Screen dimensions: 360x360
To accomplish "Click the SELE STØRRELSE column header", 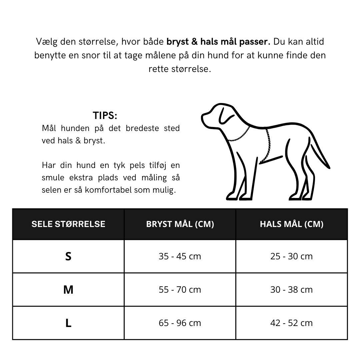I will pyautogui.click(x=68, y=224).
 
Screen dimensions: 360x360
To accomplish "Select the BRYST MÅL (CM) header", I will pyautogui.click(x=180, y=224).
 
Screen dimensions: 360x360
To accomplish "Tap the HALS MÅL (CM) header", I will pyautogui.click(x=292, y=224).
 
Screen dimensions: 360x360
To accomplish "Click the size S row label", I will pyautogui.click(x=68, y=256).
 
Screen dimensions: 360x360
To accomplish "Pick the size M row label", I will pyautogui.click(x=68, y=290).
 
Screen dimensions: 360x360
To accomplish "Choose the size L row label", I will pyautogui.click(x=68, y=323).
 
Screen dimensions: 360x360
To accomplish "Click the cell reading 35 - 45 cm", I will pyautogui.click(x=180, y=256).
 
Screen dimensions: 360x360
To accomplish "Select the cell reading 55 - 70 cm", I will pyautogui.click(x=180, y=290).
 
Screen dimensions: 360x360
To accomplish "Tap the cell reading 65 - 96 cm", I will pyautogui.click(x=180, y=323).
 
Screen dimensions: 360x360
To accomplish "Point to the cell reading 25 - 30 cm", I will pyautogui.click(x=292, y=256).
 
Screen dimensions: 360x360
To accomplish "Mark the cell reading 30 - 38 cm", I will pyautogui.click(x=292, y=290).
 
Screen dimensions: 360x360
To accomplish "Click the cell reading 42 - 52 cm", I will pyautogui.click(x=292, y=323).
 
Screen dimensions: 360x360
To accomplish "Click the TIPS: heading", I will pyautogui.click(x=105, y=116).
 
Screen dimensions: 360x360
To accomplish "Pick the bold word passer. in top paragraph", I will pyautogui.click(x=255, y=42).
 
